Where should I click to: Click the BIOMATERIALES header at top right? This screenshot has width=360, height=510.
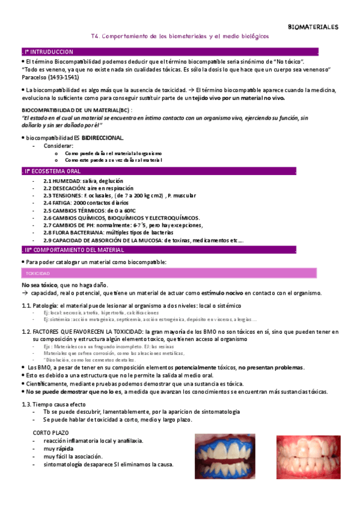313,27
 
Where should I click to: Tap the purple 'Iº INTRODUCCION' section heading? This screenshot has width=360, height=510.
48,52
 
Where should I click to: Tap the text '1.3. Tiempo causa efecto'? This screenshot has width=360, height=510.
55,404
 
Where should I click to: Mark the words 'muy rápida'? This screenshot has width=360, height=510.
58,449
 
